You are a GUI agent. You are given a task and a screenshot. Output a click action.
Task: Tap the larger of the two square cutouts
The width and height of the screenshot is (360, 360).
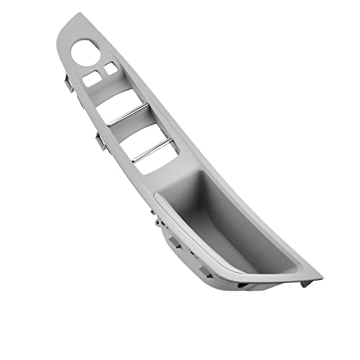[x=92, y=78]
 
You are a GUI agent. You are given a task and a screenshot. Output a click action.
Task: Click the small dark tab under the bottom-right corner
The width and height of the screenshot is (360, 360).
[x=306, y=284]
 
